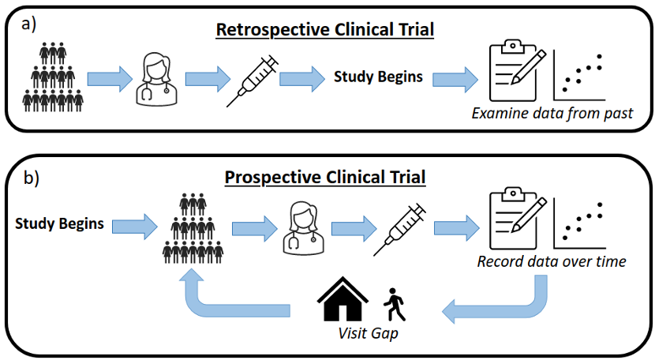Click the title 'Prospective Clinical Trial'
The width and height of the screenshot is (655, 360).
pos(325,175)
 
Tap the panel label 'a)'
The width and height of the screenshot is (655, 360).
pos(30,23)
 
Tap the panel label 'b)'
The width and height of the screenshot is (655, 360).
pos(30,178)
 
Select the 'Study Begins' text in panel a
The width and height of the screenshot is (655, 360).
pos(378,77)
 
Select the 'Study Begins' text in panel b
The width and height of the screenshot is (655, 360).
pos(59,223)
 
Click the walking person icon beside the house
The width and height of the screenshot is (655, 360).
pos(394,304)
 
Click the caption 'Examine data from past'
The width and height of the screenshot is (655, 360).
pos(552,113)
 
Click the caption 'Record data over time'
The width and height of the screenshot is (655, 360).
pos(552,261)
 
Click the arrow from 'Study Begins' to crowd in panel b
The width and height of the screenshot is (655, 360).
pos(135,224)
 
